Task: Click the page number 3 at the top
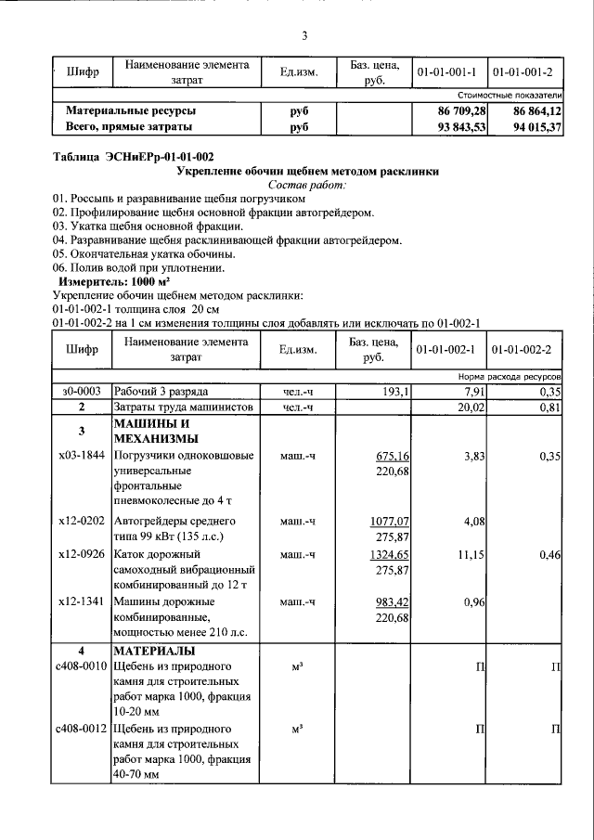coord(303,36)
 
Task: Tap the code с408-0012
coord(81,729)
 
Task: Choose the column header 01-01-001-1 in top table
coord(446,71)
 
